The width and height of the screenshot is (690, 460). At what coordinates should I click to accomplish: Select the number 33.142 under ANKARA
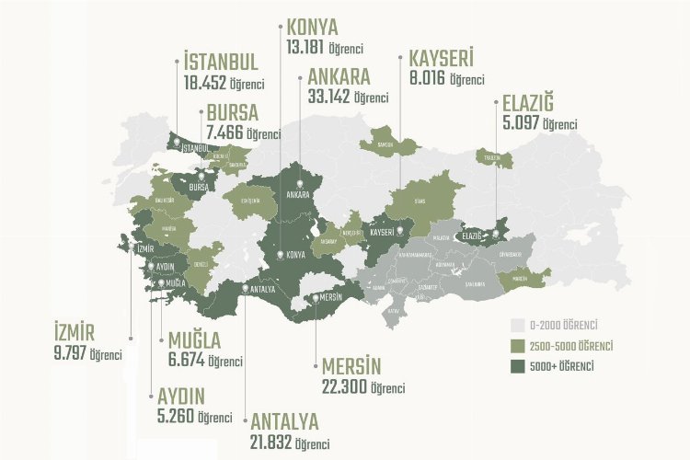[330, 97]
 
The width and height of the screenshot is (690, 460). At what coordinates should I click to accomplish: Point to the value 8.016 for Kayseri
[427, 79]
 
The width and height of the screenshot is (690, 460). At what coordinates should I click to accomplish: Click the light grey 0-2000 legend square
[516, 325]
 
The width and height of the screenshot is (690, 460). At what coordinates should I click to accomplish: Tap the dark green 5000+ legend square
[516, 365]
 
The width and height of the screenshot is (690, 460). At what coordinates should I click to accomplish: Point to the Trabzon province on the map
[489, 159]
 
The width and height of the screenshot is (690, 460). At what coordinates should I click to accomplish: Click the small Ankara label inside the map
[296, 195]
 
